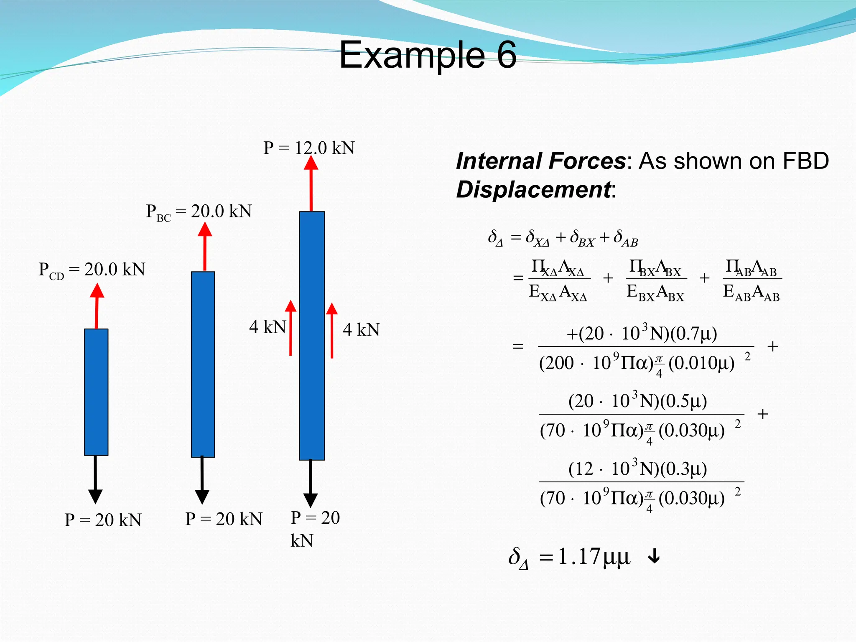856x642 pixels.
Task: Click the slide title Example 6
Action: (x=428, y=55)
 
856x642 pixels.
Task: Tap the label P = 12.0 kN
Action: (x=309, y=148)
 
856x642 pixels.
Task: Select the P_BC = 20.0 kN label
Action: (x=199, y=211)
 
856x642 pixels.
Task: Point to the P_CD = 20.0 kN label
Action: (x=92, y=270)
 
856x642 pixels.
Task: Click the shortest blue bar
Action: (x=96, y=392)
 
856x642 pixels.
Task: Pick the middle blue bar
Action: (x=203, y=364)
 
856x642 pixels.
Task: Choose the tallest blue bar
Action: (x=312, y=336)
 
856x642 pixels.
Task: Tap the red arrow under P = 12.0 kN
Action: (x=311, y=184)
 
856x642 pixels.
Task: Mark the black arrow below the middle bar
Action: (x=202, y=481)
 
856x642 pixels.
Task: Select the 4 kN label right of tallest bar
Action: (x=361, y=330)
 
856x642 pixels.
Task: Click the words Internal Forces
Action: (x=541, y=161)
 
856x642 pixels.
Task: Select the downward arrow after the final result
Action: (x=654, y=557)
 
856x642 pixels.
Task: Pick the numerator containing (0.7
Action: (x=642, y=334)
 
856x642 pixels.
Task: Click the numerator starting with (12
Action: (x=638, y=469)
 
